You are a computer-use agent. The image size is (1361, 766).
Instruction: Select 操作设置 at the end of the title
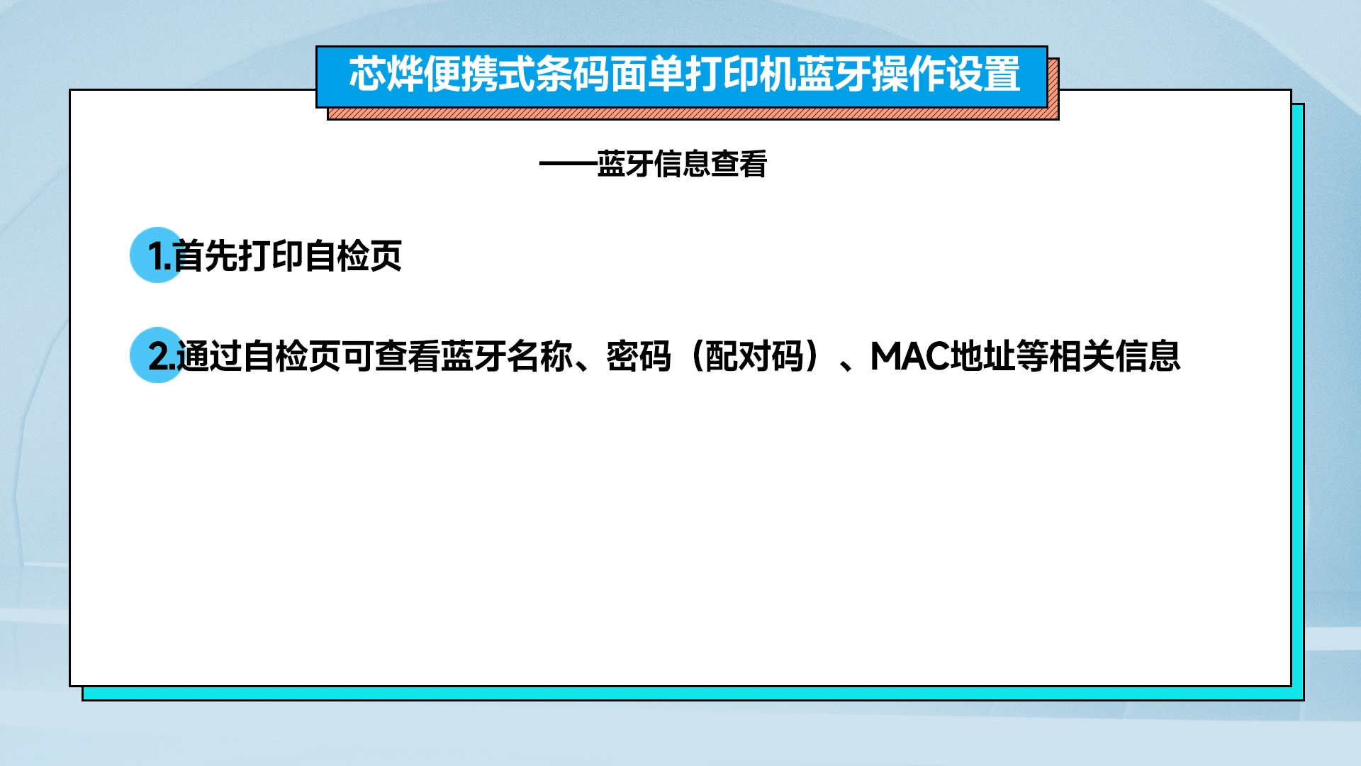[x=946, y=74]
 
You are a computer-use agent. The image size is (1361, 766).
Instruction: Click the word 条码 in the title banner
[x=573, y=74]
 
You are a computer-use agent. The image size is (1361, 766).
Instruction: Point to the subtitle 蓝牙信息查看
[x=682, y=164]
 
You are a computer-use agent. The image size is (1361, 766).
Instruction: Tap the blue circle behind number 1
[x=157, y=255]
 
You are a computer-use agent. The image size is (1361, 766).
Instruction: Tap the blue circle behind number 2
[x=157, y=355]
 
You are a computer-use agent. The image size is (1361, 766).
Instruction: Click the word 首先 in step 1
[x=206, y=255]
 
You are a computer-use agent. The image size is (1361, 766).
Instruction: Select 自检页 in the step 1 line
[x=353, y=255]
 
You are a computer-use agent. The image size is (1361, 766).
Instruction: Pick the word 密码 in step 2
[x=639, y=356]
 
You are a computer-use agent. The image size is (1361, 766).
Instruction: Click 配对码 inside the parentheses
[x=754, y=356]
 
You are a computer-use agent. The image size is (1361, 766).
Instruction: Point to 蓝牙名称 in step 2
[x=507, y=356]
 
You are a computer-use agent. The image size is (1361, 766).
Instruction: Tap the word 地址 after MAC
[x=982, y=356]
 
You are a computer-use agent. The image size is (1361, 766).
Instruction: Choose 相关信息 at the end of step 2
[x=1115, y=356]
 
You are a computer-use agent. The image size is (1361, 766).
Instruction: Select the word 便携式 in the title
[x=479, y=74]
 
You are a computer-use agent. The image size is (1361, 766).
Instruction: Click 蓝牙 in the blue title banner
[x=834, y=74]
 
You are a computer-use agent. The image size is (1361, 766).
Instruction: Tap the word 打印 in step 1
[x=271, y=255]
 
